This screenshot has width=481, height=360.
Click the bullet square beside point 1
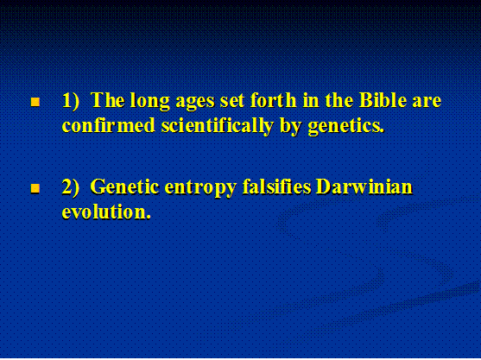pyautogui.click(x=35, y=102)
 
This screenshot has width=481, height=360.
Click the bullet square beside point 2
pyautogui.click(x=35, y=188)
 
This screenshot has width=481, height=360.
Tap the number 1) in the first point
pyautogui.click(x=70, y=100)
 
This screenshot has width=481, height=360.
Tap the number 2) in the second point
pyautogui.click(x=70, y=186)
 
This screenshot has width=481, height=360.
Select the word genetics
pyautogui.click(x=345, y=126)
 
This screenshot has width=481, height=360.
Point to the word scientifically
pyautogui.click(x=218, y=126)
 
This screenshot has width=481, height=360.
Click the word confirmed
pyautogui.click(x=108, y=125)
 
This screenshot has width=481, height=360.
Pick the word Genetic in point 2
pyautogui.click(x=124, y=186)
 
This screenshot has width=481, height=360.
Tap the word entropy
pyautogui.click(x=200, y=187)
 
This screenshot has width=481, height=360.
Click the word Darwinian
pyautogui.click(x=364, y=186)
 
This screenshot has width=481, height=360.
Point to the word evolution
pyautogui.click(x=106, y=212)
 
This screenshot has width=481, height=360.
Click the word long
pyautogui.click(x=149, y=101)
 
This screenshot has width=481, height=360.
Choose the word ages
pyautogui.click(x=194, y=103)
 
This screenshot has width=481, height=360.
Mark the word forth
pyautogui.click(x=273, y=99)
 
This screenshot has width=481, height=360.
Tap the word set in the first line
pyautogui.click(x=231, y=101)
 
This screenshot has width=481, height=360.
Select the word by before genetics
pyautogui.click(x=290, y=126)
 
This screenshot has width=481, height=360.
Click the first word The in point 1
pyautogui.click(x=107, y=100)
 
